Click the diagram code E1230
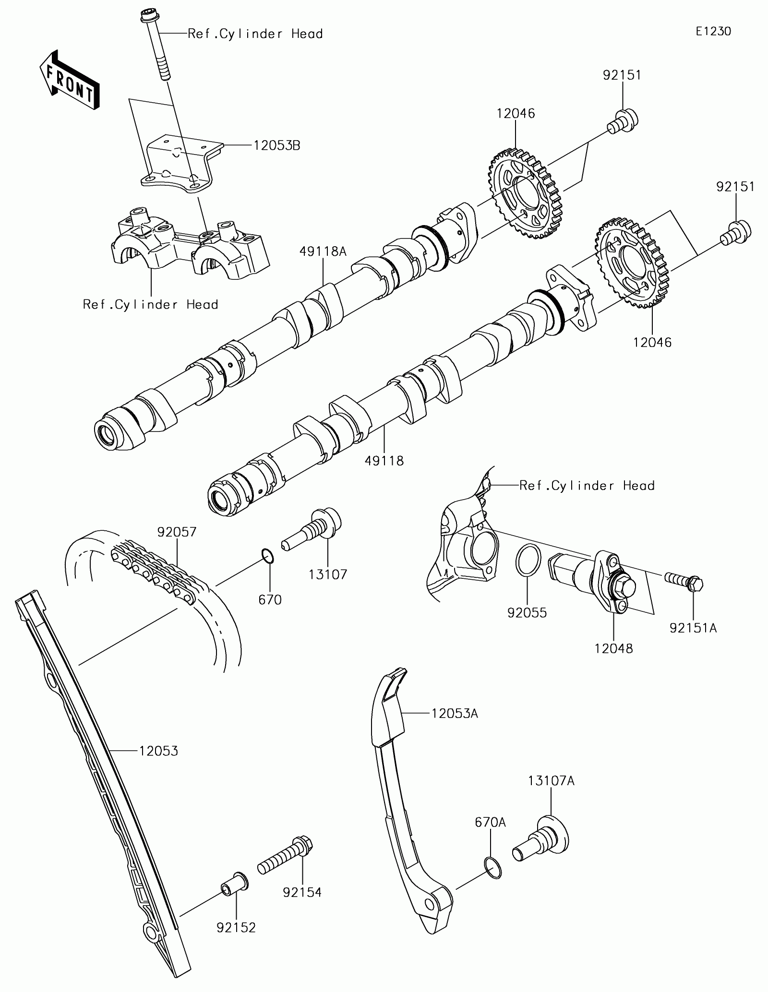714,32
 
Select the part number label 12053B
277,145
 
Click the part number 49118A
323,251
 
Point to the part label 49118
384,461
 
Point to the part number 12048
613,648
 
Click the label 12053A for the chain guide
455,727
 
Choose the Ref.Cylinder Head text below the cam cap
150,304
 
